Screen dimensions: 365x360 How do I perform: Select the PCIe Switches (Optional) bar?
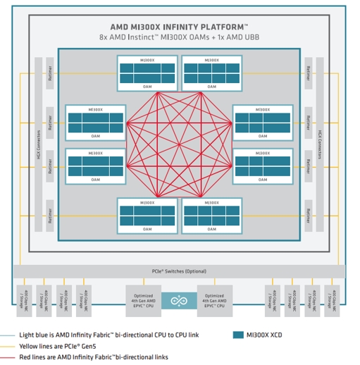click(180, 271)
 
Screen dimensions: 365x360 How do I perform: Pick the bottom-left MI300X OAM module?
click(147, 214)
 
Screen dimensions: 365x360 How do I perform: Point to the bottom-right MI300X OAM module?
click(212, 214)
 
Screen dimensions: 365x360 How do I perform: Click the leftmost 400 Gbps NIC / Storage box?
click(27, 299)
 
